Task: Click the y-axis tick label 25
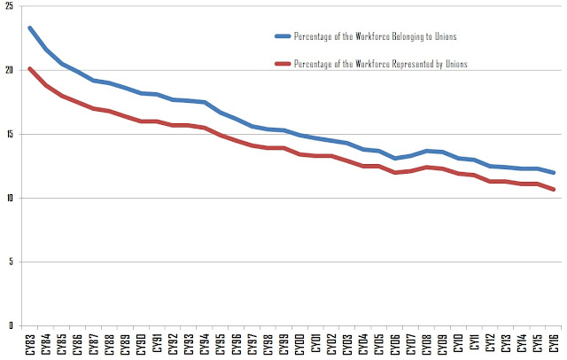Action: pyautogui.click(x=9, y=7)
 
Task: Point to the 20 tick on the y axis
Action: pyautogui.click(x=9, y=70)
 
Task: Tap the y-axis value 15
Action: pyautogui.click(x=9, y=134)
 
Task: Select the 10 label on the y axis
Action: pyautogui.click(x=9, y=198)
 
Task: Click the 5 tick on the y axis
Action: pyautogui.click(x=11, y=262)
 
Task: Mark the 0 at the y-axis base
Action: pyautogui.click(x=11, y=325)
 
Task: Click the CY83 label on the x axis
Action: pyautogui.click(x=30, y=342)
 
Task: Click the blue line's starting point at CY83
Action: pyautogui.click(x=30, y=27)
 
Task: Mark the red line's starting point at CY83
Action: pyautogui.click(x=30, y=68)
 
